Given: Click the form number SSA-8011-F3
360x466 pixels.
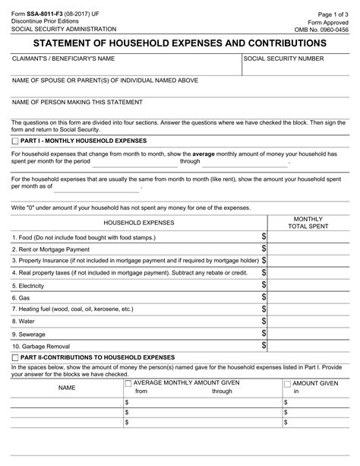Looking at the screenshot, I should coord(43,7).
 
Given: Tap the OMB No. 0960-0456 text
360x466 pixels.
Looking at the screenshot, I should coord(324,28).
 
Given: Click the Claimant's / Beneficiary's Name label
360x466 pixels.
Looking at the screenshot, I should coord(63,59).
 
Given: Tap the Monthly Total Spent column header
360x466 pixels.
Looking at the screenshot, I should coord(308,223).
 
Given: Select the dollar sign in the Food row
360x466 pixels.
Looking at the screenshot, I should coord(264,238).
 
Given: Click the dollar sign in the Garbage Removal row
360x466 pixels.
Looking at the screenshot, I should coord(264,345).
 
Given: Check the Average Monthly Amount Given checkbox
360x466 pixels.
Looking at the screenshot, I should coord(128,384).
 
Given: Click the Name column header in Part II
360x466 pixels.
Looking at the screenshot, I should coord(67,388).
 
